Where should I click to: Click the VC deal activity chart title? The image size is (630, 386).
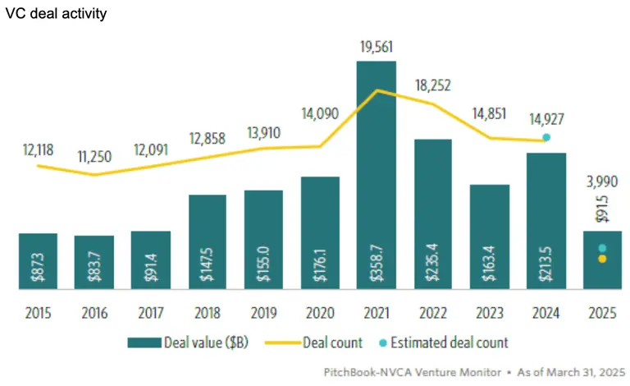(55, 14)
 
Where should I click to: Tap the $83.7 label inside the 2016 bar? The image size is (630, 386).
(94, 264)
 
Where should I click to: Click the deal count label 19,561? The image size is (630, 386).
(376, 48)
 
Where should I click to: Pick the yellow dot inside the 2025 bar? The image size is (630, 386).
(601, 260)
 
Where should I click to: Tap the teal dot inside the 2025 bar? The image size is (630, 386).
(601, 248)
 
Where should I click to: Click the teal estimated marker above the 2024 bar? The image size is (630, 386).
(546, 137)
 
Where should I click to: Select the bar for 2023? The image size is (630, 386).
(489, 237)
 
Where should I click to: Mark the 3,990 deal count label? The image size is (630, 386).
(601, 183)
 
